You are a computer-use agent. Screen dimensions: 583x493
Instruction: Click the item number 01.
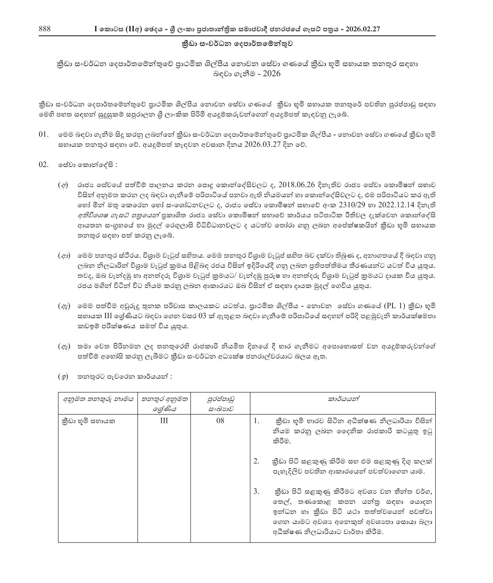[44, 135]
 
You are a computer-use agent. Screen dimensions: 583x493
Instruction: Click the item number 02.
[44, 165]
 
